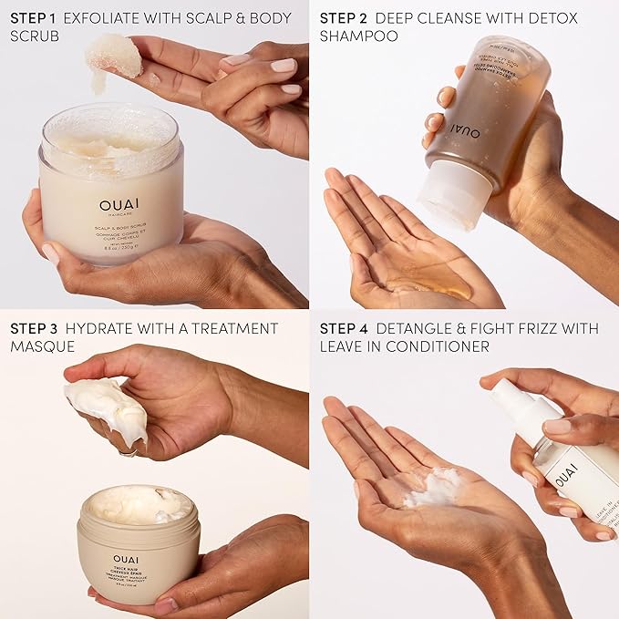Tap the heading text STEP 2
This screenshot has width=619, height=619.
[x=345, y=18]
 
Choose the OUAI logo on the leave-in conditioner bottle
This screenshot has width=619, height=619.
[x=565, y=476]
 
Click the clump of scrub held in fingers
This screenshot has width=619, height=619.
[x=113, y=55]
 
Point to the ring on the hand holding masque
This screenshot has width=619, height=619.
[x=129, y=449]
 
